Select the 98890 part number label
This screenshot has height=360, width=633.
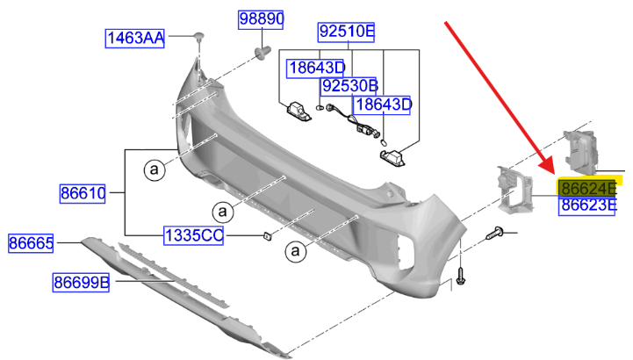click(263, 19)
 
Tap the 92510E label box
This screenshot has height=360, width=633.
click(346, 33)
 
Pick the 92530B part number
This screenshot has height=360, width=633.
click(349, 86)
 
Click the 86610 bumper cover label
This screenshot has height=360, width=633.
click(83, 192)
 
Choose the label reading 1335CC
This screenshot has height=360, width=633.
click(194, 235)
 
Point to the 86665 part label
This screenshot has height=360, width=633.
click(31, 241)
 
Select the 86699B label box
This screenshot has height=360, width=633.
click(80, 282)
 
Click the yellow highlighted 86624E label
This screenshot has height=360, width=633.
click(589, 188)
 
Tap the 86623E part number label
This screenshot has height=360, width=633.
click(589, 206)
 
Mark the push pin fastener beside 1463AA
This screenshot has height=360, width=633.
click(199, 36)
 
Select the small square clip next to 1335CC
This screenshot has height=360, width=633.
click(265, 234)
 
